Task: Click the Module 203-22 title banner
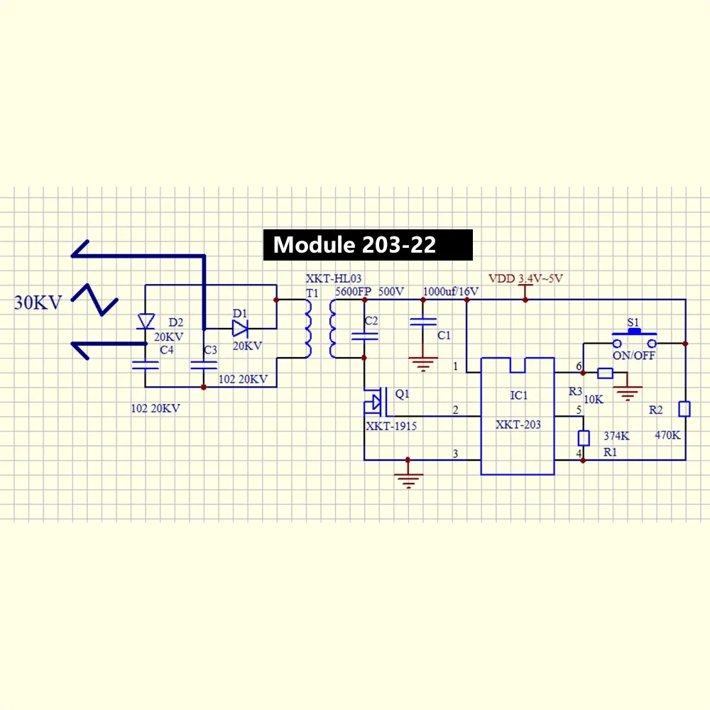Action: point(367,245)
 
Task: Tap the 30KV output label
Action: point(38,302)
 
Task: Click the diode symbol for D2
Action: point(146,321)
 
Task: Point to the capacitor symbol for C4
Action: point(146,365)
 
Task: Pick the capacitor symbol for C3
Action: point(204,365)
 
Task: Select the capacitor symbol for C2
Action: point(364,337)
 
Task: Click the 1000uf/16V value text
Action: point(451,292)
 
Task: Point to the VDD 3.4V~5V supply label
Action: point(525,278)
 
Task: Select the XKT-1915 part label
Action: point(391,427)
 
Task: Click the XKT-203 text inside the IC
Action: point(518,425)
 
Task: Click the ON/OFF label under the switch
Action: point(634,356)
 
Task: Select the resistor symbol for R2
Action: point(684,409)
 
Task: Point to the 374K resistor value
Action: point(616,436)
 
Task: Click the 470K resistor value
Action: point(667,436)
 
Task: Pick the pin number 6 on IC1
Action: point(579,366)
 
